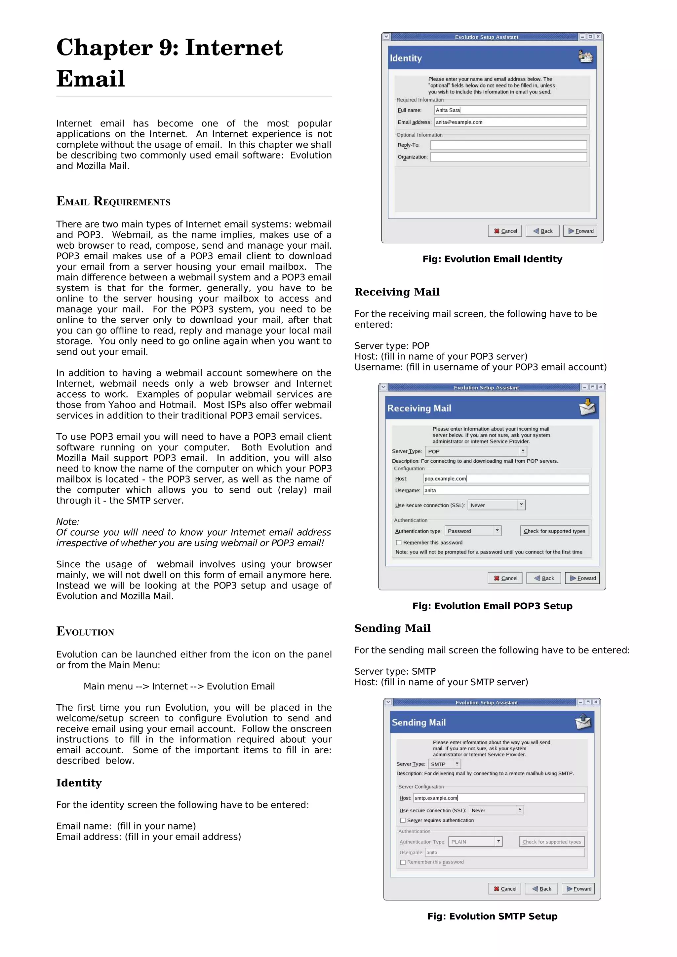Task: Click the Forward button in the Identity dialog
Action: pos(580,231)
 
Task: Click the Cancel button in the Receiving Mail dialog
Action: pos(505,578)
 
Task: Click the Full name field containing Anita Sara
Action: pos(510,110)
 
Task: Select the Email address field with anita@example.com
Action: pos(510,122)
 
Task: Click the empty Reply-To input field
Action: pos(508,145)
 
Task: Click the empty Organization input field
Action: pos(508,157)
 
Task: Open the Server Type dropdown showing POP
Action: pos(476,451)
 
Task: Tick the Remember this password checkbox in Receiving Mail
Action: pos(399,543)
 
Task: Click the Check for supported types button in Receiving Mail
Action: pos(554,531)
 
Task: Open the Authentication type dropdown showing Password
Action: pos(473,531)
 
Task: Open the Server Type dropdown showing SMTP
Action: pos(444,764)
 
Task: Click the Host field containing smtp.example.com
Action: pos(498,798)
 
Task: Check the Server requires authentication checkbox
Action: pos(403,820)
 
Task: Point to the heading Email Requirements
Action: pos(113,202)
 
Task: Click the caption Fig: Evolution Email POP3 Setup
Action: pos(492,606)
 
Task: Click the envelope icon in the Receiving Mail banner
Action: pos(587,407)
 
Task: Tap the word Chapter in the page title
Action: pos(104,48)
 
